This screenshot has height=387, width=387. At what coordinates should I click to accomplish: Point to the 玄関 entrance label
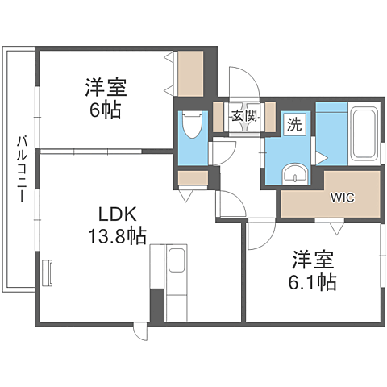(244, 114)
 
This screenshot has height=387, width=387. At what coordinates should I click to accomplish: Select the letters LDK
(119, 214)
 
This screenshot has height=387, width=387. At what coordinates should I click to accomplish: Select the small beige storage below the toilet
(192, 179)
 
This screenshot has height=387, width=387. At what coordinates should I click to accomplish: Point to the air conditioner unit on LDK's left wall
(47, 272)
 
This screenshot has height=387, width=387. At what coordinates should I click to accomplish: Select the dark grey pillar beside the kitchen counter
(156, 306)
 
